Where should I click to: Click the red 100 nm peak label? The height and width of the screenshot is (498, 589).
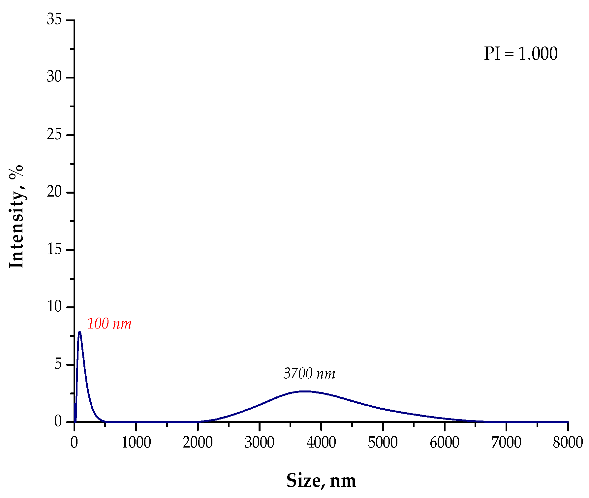point(109,324)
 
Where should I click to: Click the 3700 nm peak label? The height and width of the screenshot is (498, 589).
point(309,374)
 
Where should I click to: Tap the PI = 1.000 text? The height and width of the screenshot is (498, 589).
point(520,54)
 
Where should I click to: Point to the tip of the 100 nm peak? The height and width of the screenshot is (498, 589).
point(79,332)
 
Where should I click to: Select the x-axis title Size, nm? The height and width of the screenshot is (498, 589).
point(321,480)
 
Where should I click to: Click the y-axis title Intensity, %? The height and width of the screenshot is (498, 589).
point(16,216)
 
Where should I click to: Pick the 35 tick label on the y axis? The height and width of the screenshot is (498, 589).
point(54,19)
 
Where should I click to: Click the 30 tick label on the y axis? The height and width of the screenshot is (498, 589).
point(54,77)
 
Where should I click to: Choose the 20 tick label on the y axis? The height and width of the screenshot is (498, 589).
point(54,192)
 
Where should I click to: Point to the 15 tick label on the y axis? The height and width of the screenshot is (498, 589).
point(54,249)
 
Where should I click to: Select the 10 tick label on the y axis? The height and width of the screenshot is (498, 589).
point(54,307)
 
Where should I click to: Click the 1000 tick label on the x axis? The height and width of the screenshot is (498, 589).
point(136,443)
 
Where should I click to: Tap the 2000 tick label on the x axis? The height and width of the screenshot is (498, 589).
point(198,443)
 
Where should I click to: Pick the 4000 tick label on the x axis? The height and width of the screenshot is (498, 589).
point(321,443)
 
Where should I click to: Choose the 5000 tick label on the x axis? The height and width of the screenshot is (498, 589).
point(383,443)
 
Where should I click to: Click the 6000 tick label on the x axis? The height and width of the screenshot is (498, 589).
point(445,443)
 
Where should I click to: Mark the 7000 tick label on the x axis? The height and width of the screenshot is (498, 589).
point(506,443)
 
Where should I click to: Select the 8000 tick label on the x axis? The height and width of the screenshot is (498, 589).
point(568,443)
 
